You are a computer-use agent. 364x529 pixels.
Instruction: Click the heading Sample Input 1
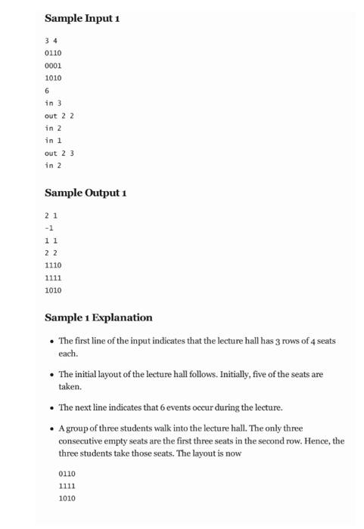pyautogui.click(x=82, y=17)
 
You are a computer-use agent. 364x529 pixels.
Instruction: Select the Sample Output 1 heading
pyautogui.click(x=86, y=193)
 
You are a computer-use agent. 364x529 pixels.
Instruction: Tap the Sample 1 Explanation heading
pyautogui.click(x=98, y=317)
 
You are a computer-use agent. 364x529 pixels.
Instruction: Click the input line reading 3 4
pyautogui.click(x=51, y=41)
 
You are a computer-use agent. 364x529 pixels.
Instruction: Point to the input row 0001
pyautogui.click(x=53, y=66)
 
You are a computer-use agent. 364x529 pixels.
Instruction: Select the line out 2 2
pyautogui.click(x=59, y=116)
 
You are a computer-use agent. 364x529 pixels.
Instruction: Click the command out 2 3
pyautogui.click(x=59, y=153)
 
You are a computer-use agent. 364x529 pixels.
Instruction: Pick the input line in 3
pyautogui.click(x=53, y=103)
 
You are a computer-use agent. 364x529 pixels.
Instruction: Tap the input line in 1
pyautogui.click(x=53, y=141)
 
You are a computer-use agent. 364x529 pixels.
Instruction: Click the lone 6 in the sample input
pyautogui.click(x=47, y=91)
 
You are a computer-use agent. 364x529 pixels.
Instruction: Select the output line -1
pyautogui.click(x=49, y=227)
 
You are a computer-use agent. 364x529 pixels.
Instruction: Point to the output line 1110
pyautogui.click(x=53, y=265)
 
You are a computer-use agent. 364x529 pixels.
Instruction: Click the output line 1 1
pyautogui.click(x=51, y=240)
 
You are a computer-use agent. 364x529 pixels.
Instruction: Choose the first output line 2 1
pyautogui.click(x=51, y=215)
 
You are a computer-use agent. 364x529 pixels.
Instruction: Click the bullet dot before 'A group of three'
pyautogui.click(x=50, y=428)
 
